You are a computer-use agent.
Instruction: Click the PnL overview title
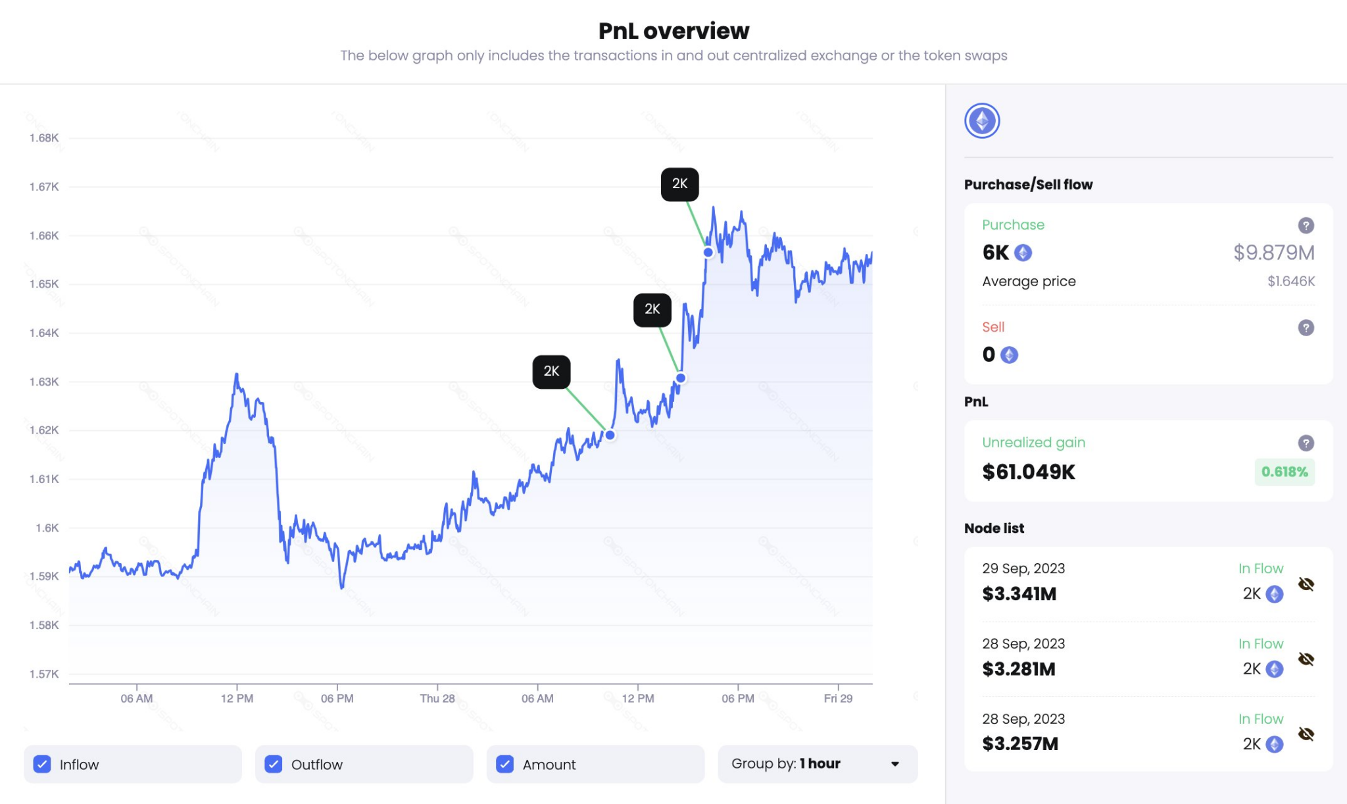tap(673, 31)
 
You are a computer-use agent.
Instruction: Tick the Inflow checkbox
tap(42, 764)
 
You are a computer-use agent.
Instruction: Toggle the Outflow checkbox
tap(274, 764)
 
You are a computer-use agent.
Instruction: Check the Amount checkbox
tap(505, 764)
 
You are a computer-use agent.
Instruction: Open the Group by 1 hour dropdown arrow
tap(894, 764)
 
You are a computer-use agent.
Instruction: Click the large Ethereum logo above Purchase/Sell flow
tap(982, 121)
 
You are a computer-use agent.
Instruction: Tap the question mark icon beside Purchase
tap(1306, 226)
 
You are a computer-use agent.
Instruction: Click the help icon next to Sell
tap(1306, 328)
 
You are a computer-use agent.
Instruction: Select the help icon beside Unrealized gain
tap(1306, 443)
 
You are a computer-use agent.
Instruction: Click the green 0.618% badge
tap(1284, 472)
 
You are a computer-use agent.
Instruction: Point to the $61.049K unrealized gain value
tap(1029, 472)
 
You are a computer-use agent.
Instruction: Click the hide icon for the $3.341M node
tap(1306, 584)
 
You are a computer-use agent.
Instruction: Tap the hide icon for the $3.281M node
tap(1306, 659)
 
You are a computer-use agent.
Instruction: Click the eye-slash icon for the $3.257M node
tap(1306, 734)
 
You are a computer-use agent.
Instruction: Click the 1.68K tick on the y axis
tap(44, 138)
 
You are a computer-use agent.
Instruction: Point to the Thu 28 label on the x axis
tap(437, 699)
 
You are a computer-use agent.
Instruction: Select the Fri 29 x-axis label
tap(838, 699)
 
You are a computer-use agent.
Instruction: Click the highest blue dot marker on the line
tap(708, 253)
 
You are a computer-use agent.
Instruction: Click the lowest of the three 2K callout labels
tap(551, 372)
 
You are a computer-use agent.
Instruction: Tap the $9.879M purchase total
tap(1273, 253)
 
